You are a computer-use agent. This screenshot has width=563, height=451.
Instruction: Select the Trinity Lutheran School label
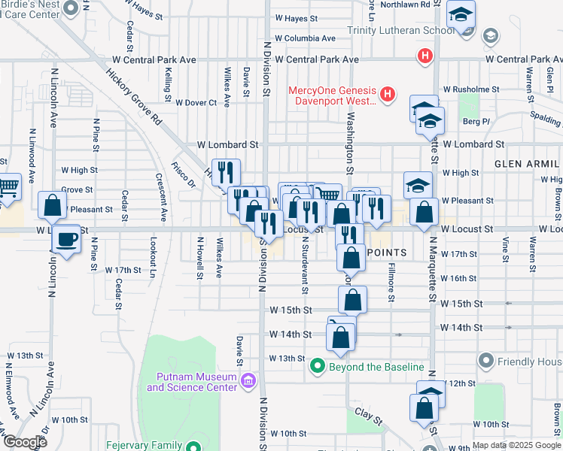401,31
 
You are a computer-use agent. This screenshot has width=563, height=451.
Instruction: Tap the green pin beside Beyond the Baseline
318,367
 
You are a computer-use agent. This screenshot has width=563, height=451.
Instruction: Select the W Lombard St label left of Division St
227,144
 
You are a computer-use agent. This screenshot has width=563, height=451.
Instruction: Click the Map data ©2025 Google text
516,445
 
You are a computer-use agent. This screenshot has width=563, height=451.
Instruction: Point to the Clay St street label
364,413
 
